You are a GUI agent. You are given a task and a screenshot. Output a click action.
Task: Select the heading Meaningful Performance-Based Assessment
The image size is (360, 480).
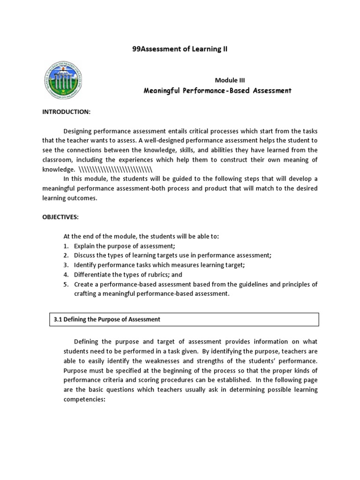pyautogui.click(x=217, y=90)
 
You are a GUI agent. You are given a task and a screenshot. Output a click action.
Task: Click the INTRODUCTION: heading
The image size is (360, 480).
pyautogui.click(x=67, y=112)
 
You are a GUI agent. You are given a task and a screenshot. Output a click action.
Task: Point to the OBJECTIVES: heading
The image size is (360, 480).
pyautogui.click(x=61, y=217)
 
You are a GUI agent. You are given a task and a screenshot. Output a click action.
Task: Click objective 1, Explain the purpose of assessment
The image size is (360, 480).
pyautogui.click(x=121, y=246)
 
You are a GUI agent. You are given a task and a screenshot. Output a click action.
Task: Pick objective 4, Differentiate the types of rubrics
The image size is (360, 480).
pyautogui.click(x=128, y=274)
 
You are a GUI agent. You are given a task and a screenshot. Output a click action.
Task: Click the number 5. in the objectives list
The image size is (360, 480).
pyautogui.click(x=66, y=284)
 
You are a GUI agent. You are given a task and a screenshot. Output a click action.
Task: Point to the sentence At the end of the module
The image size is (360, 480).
pyautogui.click(x=141, y=236)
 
